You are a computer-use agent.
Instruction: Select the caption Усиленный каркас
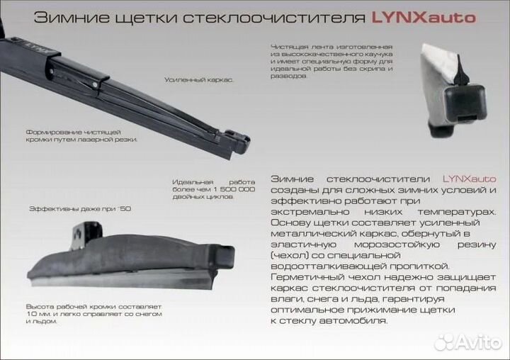199,80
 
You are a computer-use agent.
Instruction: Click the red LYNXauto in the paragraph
470,179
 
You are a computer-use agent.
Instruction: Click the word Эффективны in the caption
53,210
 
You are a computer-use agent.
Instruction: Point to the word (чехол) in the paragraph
288,254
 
